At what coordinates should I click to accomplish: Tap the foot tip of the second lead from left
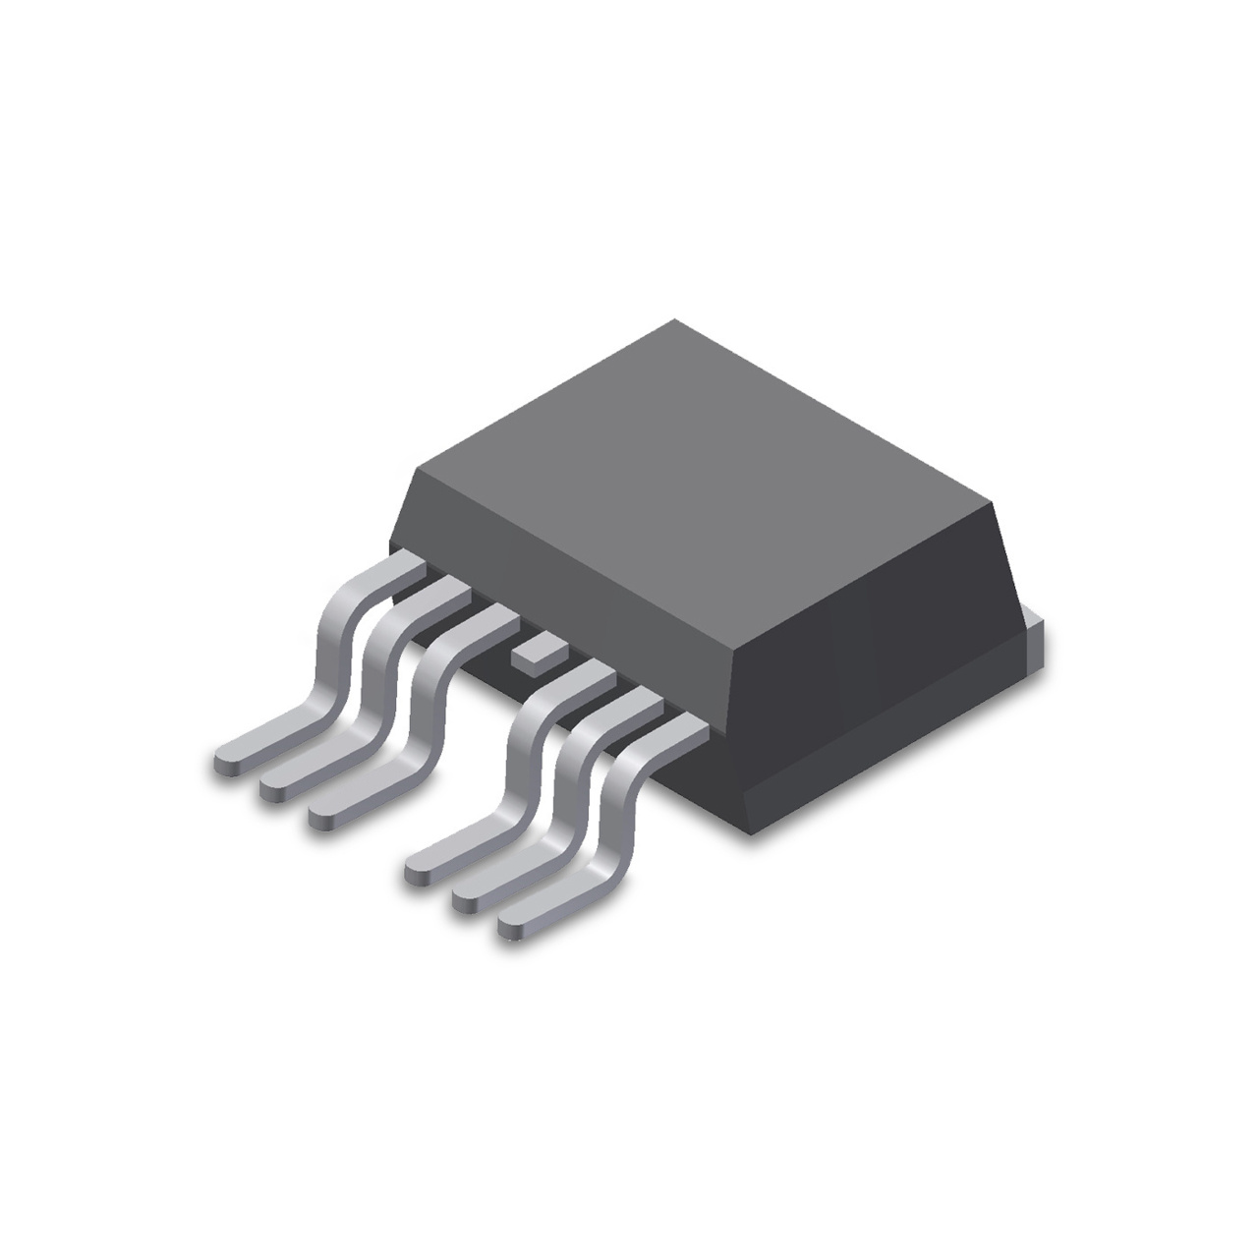(x=274, y=785)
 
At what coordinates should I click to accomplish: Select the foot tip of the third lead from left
(x=322, y=810)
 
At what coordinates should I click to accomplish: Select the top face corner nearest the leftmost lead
(x=418, y=471)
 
